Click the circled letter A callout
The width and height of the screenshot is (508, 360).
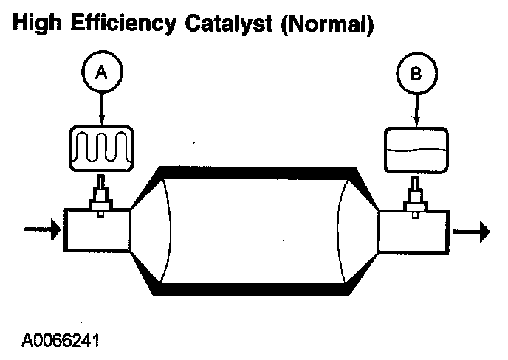click(101, 73)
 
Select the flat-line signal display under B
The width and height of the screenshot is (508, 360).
click(416, 150)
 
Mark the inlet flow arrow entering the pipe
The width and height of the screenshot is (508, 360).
click(41, 230)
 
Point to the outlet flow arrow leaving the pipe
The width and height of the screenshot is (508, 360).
click(471, 232)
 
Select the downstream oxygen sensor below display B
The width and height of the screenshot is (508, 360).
click(416, 198)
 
